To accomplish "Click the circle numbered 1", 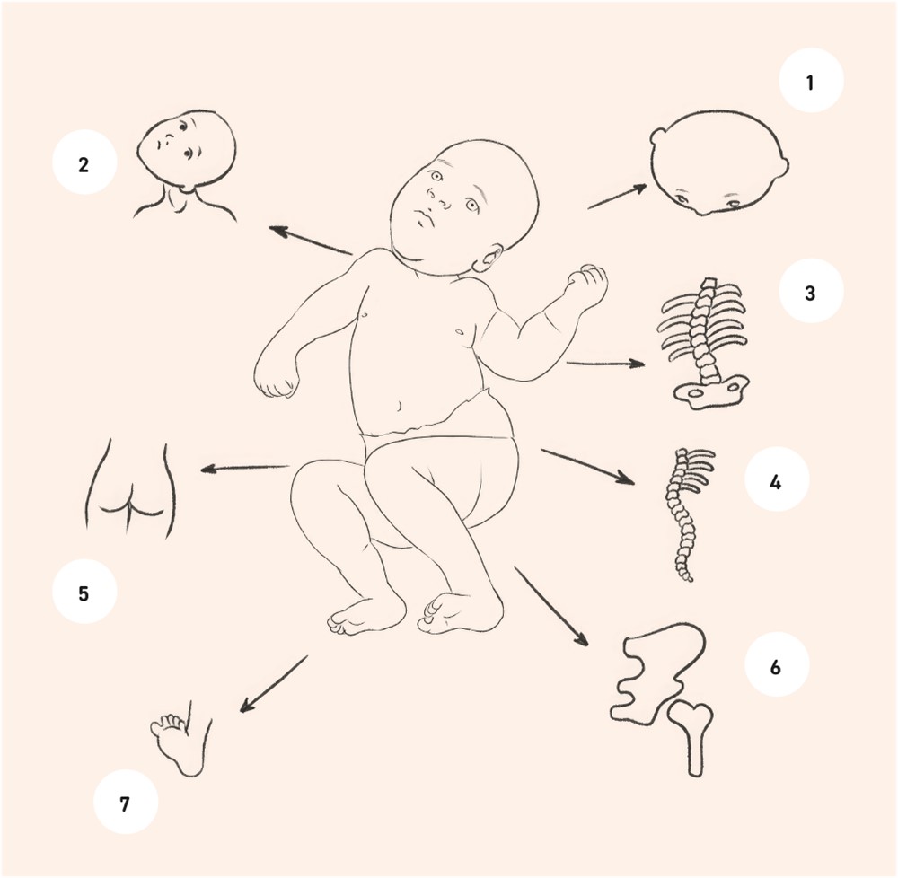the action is click(x=811, y=80).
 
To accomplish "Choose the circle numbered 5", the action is click(x=84, y=592).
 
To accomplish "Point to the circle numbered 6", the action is click(x=777, y=664).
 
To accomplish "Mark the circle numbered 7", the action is click(x=126, y=802).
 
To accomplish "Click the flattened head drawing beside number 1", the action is click(x=719, y=162).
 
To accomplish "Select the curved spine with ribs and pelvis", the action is click(x=703, y=344).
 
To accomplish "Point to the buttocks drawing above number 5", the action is click(x=130, y=489).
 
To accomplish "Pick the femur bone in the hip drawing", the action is click(x=692, y=738).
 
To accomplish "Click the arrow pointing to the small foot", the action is click(x=274, y=684).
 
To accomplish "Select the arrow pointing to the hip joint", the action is click(x=551, y=606).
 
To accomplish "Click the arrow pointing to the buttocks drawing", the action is click(x=245, y=469).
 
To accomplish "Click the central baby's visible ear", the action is click(x=488, y=259).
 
